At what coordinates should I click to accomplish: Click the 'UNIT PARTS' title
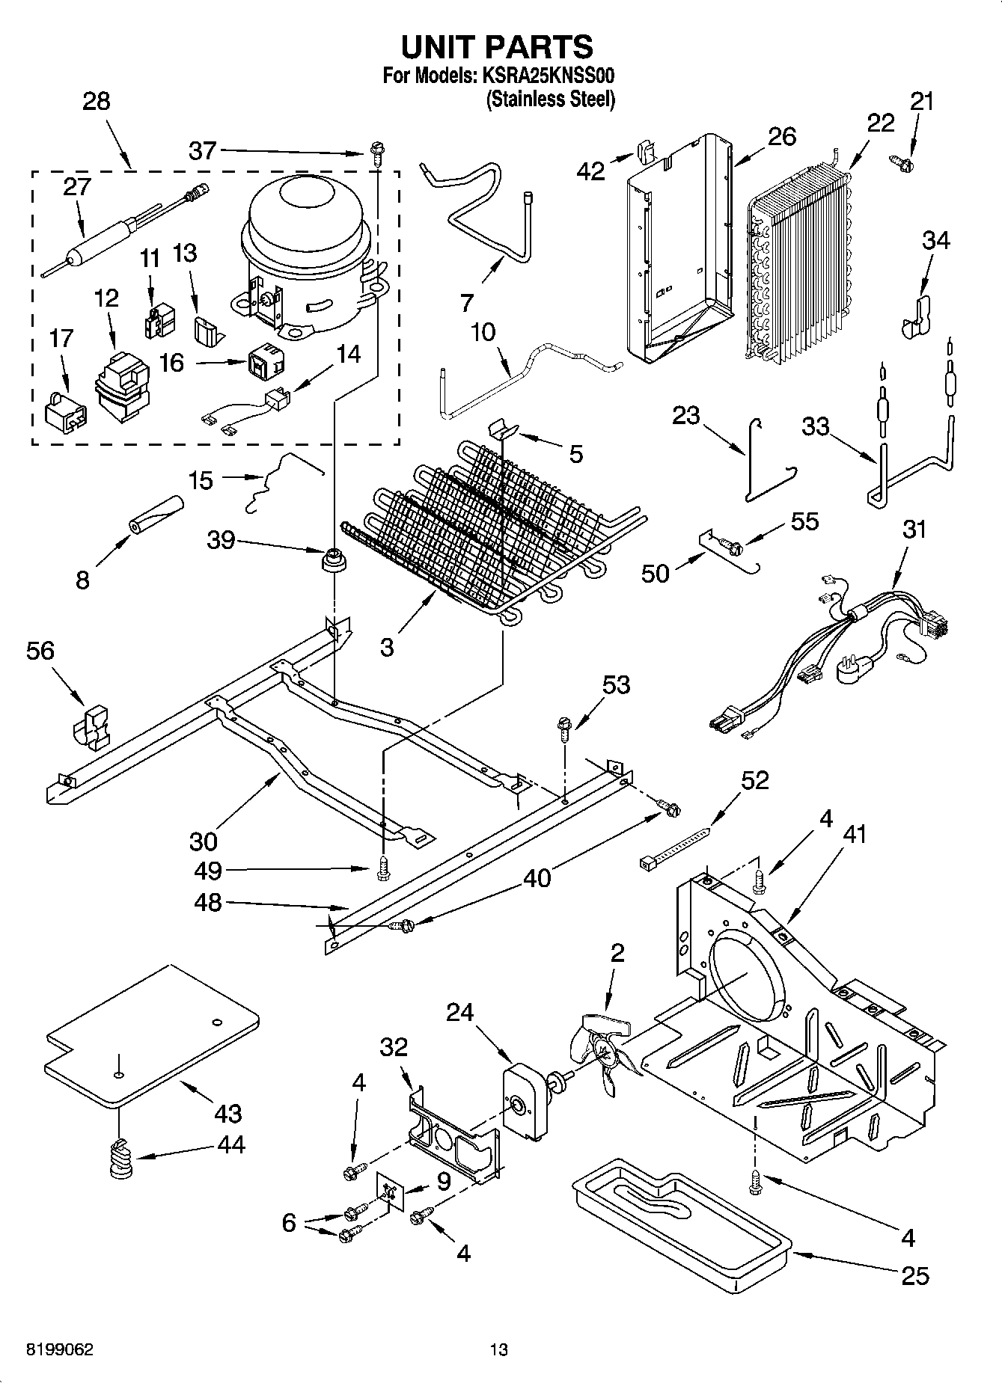point(498,46)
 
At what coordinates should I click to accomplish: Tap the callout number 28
point(96,101)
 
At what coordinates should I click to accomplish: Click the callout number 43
point(227,1113)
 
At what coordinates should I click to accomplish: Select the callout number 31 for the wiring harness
point(914,530)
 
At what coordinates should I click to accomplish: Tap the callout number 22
point(881,122)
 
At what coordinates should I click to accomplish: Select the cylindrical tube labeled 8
point(156,514)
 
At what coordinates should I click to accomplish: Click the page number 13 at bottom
point(499,1350)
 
